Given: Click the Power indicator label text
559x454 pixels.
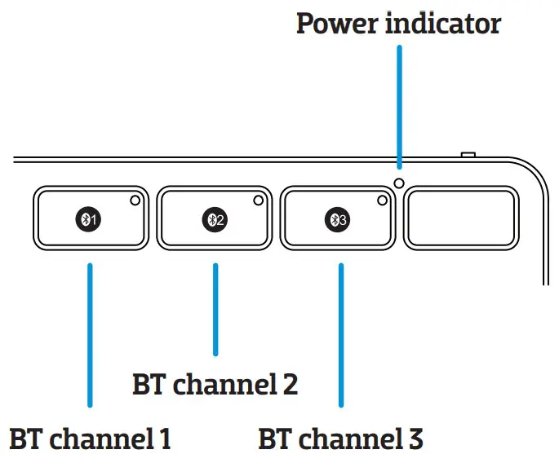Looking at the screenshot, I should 397,23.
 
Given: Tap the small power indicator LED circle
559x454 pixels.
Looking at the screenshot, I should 399,183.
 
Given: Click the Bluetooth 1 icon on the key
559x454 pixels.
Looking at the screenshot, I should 89,218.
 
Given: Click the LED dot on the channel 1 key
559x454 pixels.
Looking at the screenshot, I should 135,200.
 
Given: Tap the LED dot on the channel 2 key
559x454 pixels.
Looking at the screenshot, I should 259,200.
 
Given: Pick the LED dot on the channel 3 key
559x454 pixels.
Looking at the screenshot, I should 383,200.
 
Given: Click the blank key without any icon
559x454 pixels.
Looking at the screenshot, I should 463,218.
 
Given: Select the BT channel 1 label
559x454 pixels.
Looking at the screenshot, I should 90,438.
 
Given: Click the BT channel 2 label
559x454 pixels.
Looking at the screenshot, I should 215,383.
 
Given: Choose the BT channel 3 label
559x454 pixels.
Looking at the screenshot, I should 341,438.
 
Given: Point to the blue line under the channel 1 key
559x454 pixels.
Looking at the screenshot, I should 90,334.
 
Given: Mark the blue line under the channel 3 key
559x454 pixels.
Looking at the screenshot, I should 340,334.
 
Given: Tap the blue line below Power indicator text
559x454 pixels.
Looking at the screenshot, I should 399,106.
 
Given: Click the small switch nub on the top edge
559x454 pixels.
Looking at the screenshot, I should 468,153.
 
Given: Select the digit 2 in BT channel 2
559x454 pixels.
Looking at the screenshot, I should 290,383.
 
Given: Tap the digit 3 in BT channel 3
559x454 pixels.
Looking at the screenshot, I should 415,438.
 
